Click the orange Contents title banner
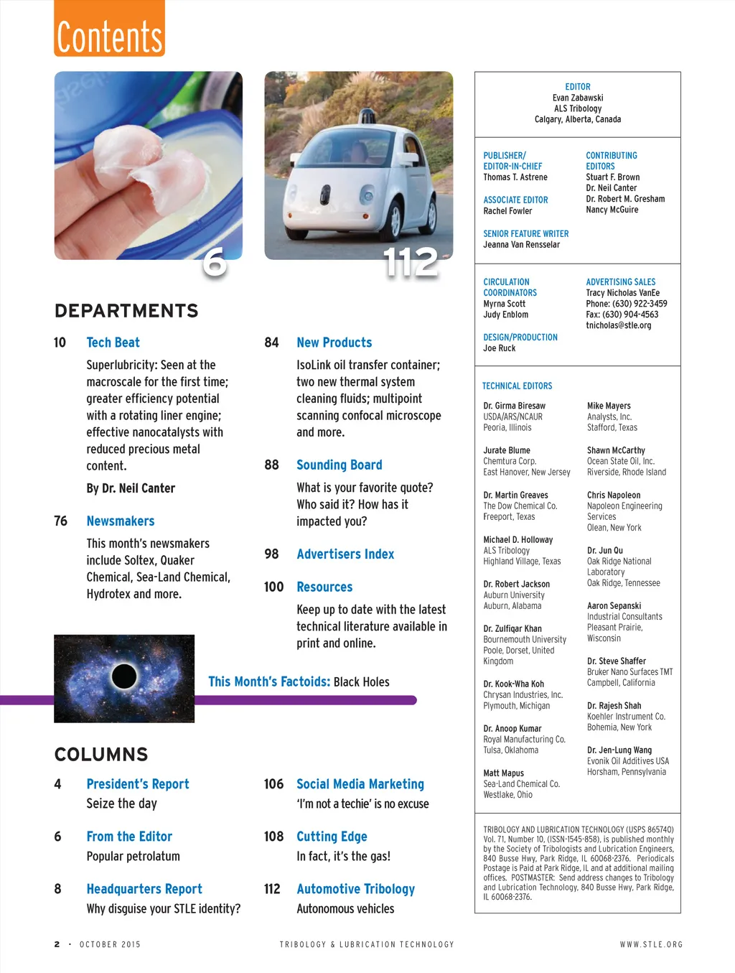click(x=109, y=29)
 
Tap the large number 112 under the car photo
click(x=410, y=263)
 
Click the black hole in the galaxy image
click(x=124, y=676)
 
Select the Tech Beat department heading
click(x=113, y=343)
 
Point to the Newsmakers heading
click(x=120, y=521)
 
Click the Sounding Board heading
click(x=339, y=465)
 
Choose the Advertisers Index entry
click(x=345, y=554)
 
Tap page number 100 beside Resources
click(x=273, y=587)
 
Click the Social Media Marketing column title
click(x=360, y=784)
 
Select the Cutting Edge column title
click(x=332, y=837)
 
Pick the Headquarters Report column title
click(x=144, y=889)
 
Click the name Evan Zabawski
click(x=577, y=98)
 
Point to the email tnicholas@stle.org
click(x=618, y=325)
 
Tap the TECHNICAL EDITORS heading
click(x=517, y=386)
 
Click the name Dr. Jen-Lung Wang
click(x=619, y=750)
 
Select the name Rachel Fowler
click(x=507, y=211)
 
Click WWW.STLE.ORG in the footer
click(x=651, y=944)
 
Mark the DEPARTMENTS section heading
click(x=126, y=311)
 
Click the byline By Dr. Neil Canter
click(x=131, y=488)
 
